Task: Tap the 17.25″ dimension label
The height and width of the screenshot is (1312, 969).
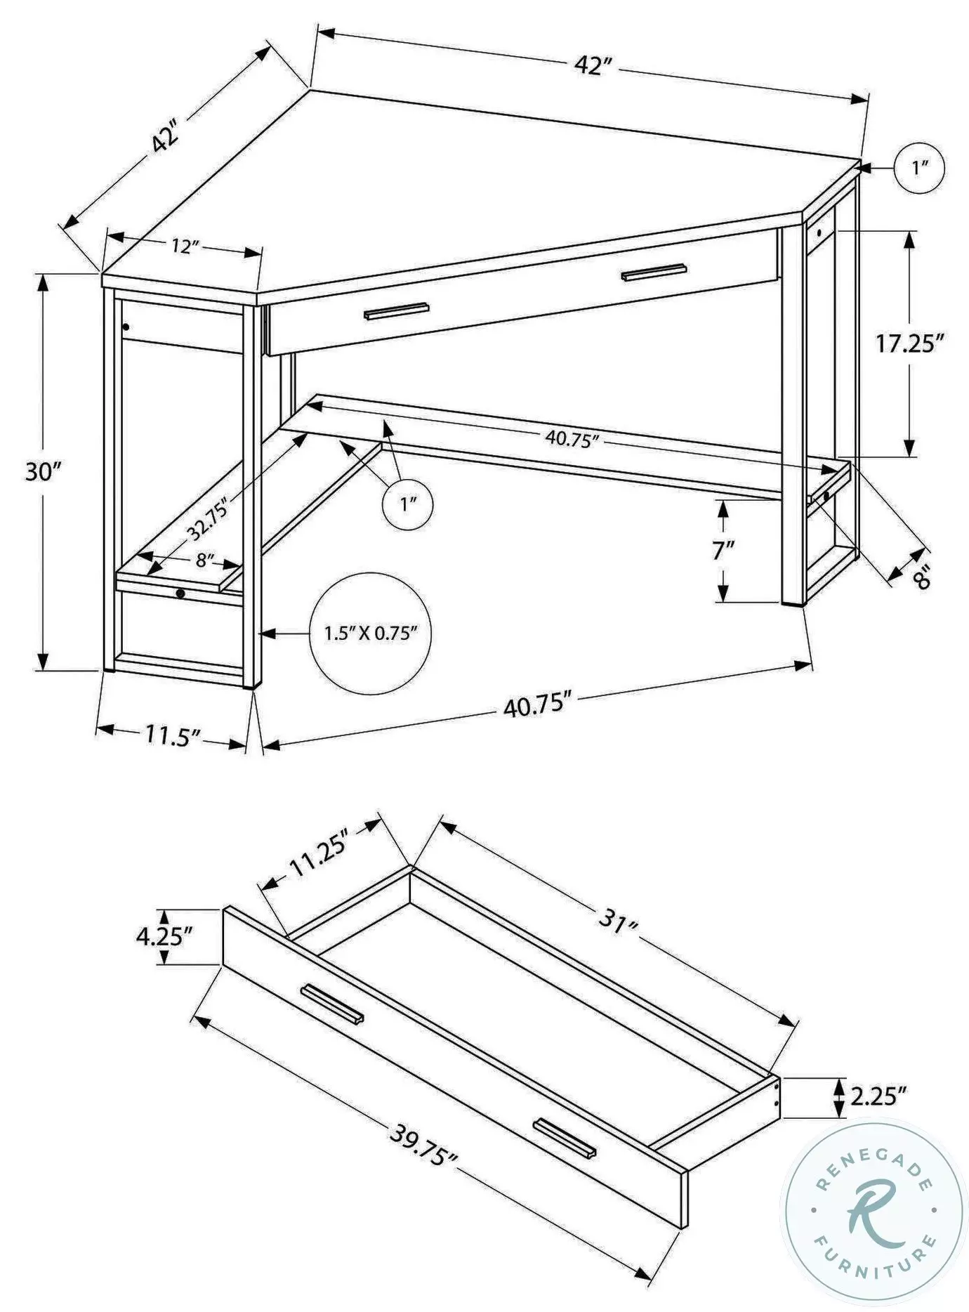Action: (909, 343)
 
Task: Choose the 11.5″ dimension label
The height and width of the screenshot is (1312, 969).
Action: (173, 735)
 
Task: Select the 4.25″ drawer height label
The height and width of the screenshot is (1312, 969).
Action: (164, 936)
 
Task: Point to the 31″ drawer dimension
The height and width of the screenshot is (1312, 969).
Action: (618, 921)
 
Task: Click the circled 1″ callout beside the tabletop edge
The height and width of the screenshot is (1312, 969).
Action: (919, 169)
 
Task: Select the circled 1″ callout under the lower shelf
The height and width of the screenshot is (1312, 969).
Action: (407, 504)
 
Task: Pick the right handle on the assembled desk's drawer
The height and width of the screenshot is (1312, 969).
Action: (653, 272)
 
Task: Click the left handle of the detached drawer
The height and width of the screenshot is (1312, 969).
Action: (332, 1004)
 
